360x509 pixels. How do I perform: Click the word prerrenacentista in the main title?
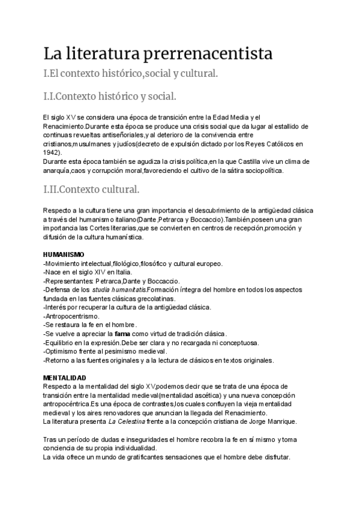208,53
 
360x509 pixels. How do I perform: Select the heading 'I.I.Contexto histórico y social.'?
110,96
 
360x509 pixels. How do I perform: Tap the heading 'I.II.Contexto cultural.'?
91,190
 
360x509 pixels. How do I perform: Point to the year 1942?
52,152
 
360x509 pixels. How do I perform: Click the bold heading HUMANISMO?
64,254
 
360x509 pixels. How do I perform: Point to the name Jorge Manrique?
271,421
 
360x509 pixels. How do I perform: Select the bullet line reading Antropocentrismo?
73,316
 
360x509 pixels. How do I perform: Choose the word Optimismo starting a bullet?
61,351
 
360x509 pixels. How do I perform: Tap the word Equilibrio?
60,342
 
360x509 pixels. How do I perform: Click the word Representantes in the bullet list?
68,281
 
